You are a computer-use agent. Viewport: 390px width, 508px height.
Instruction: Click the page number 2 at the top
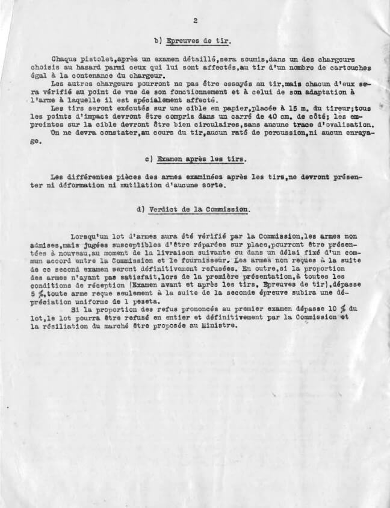(196, 20)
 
